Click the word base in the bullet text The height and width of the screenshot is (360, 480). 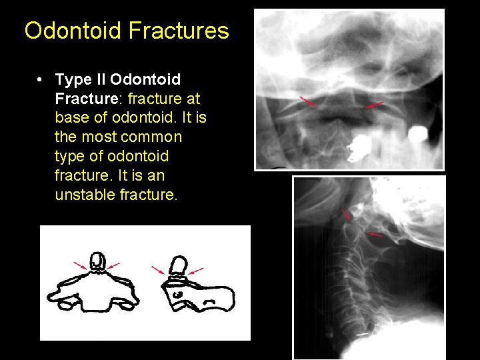click(x=73, y=118)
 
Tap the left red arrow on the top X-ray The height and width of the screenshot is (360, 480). click(x=307, y=102)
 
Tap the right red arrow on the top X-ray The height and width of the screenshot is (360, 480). click(x=375, y=105)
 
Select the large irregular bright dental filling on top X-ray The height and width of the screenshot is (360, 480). click(x=363, y=145)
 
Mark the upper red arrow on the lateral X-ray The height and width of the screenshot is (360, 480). click(x=346, y=215)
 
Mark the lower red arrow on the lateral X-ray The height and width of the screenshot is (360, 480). click(x=377, y=235)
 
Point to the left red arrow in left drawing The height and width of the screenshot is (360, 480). click(x=80, y=265)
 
